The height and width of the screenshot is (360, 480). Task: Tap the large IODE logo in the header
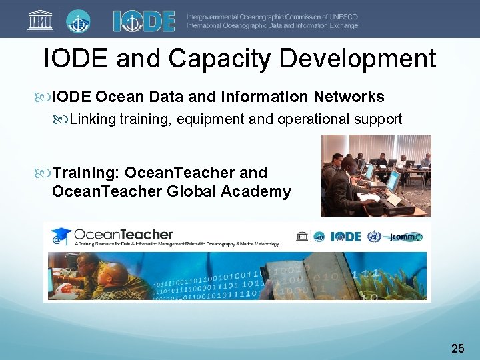coord(144,21)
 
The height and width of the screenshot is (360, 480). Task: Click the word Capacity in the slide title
coord(220,59)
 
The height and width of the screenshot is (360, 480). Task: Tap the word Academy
coord(260,192)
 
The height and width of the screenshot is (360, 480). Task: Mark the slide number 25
coord(458,348)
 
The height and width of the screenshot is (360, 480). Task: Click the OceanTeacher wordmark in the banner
coord(123,235)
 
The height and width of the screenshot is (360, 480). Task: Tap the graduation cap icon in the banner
coord(61,234)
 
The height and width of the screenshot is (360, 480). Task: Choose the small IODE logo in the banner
coord(345,237)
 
